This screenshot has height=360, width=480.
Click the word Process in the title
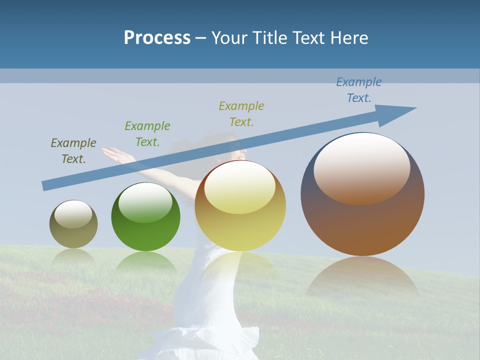click(157, 38)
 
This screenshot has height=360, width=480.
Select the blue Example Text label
click(358, 90)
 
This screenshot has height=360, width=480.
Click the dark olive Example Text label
click(73, 151)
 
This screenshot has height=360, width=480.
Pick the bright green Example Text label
click(147, 134)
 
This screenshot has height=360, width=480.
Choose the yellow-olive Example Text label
click(241, 113)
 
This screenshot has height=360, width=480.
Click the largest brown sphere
click(362, 220)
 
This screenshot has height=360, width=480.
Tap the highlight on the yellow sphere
click(239, 187)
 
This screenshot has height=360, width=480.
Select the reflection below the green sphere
click(145, 262)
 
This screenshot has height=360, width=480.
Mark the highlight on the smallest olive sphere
click(73, 214)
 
